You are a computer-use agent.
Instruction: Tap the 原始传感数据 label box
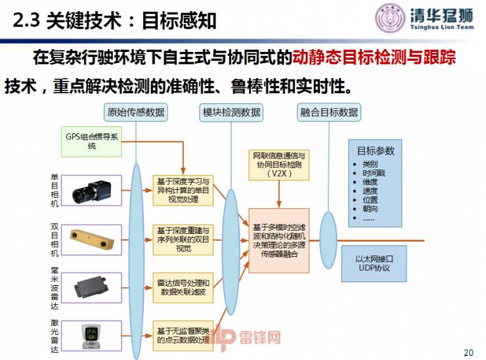click(136, 112)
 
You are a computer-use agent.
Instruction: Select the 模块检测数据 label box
click(230, 112)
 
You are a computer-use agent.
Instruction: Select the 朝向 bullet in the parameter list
click(370, 208)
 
